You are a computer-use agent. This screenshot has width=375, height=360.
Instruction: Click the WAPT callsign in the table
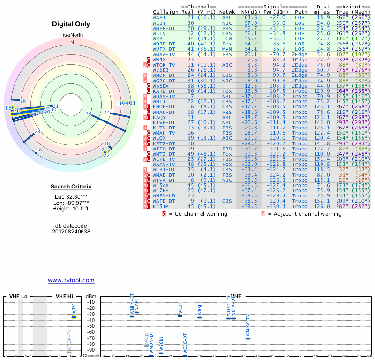159,17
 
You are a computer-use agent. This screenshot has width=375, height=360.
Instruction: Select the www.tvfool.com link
71,280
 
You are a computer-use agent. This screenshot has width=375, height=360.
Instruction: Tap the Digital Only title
72,24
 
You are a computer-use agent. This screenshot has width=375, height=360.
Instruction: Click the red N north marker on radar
72,42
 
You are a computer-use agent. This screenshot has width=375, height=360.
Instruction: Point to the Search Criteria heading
72,187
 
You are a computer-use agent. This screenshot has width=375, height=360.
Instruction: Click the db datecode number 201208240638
71,232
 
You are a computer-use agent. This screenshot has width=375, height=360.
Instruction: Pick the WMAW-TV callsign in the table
164,54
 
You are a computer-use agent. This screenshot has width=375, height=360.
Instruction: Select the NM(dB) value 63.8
251,17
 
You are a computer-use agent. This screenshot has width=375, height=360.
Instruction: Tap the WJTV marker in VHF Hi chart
74,317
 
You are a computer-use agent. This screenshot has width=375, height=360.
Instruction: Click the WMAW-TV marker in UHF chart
248,338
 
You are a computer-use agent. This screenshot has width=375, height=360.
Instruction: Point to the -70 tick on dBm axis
90,338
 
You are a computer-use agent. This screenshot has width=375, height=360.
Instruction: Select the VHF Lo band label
18,296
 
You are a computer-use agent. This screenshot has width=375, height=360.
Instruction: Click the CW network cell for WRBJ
227,38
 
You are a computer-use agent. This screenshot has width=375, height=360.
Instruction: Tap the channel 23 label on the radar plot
37,132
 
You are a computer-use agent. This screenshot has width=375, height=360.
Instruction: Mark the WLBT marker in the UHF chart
180,316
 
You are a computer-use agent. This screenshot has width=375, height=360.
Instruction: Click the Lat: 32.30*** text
71,197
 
